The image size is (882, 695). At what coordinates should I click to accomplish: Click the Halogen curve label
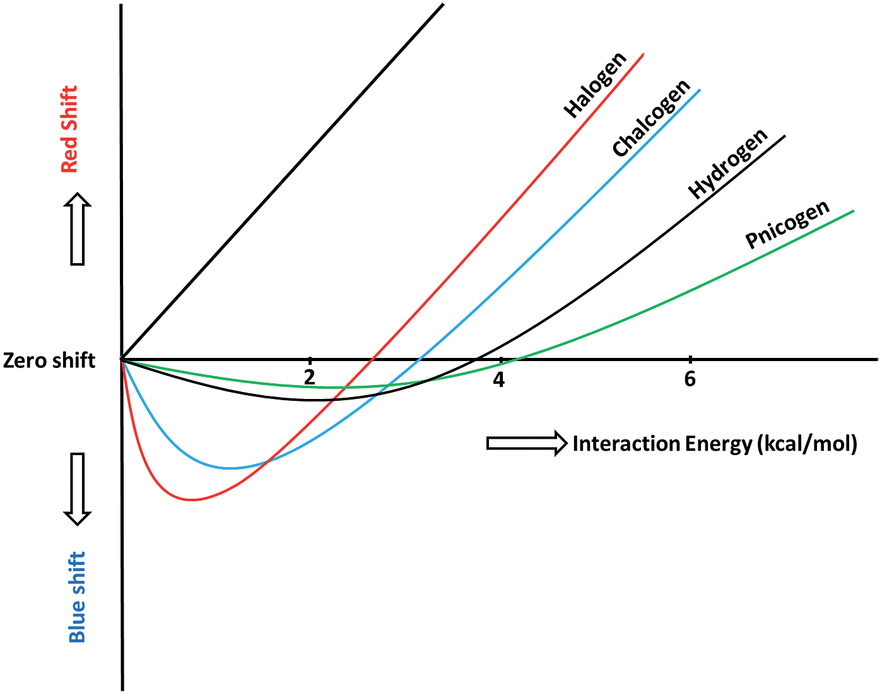[x=595, y=85]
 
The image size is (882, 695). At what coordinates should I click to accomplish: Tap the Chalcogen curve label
[x=652, y=118]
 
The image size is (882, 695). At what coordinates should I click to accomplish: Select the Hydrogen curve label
[x=728, y=163]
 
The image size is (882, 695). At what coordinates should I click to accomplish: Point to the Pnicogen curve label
[x=787, y=225]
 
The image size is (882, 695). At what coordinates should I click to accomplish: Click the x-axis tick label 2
[x=309, y=378]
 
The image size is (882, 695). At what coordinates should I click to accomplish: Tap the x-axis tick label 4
[x=499, y=379]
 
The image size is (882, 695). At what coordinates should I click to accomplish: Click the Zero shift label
[x=49, y=360]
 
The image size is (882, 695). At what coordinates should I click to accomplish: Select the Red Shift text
[x=69, y=129]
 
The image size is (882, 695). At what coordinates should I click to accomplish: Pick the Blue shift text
[x=76, y=597]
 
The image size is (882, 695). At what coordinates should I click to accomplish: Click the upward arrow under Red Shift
[x=78, y=229]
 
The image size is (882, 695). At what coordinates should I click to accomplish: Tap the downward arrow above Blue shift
[x=78, y=489]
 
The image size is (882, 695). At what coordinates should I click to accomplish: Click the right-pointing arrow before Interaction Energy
[x=526, y=443]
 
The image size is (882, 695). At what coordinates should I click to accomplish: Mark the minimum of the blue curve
[x=232, y=468]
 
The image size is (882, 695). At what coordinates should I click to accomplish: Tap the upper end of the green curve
[x=853, y=211]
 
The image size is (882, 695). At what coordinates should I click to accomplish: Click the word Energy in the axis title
[x=719, y=444]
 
